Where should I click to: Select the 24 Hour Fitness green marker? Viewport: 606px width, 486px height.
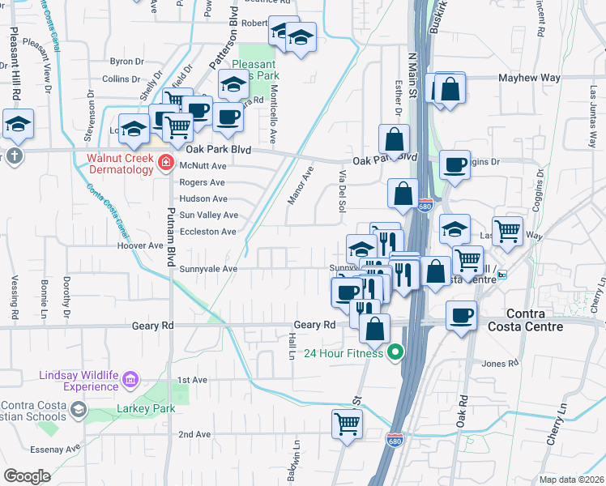(x=395, y=352)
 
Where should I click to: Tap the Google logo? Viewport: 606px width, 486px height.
(x=27, y=475)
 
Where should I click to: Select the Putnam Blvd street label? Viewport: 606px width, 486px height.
(x=171, y=243)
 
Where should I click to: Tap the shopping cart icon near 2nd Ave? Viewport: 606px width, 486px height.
(x=347, y=423)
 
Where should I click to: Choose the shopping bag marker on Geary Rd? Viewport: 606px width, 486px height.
(x=374, y=328)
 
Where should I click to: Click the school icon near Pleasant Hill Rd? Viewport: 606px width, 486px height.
(x=17, y=124)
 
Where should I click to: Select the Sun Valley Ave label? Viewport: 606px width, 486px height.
(x=208, y=215)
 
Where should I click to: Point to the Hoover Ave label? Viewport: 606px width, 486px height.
(x=140, y=245)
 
